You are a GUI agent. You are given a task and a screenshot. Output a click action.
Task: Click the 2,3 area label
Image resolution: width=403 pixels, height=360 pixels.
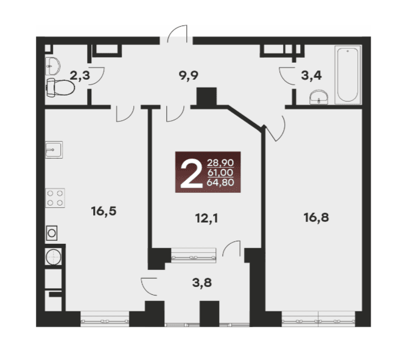[80, 76]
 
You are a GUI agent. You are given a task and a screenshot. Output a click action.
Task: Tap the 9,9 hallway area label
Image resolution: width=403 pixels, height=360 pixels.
[189, 76]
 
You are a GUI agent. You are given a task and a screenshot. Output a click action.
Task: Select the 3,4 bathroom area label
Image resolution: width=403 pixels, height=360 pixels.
[311, 76]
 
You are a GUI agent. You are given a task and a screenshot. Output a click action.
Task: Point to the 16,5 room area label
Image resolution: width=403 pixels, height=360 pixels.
[103, 212]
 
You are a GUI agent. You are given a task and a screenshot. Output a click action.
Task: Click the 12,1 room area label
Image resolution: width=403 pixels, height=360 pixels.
[206, 219]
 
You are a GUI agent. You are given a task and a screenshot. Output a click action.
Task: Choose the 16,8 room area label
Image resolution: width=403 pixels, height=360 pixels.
[316, 218]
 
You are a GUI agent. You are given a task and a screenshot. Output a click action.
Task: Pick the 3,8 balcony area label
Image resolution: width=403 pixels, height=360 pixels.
[202, 283]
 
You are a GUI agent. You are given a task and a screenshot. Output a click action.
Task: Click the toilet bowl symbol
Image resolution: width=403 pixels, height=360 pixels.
[60, 88]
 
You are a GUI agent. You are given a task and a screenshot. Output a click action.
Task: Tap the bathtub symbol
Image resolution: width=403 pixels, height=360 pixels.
[348, 75]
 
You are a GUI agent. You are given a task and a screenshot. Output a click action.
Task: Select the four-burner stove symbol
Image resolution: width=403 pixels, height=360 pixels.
[55, 198]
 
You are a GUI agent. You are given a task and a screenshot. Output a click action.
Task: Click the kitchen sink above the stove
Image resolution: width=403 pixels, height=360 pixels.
[54, 150]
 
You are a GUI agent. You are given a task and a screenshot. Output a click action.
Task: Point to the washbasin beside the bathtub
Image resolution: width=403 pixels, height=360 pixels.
[319, 97]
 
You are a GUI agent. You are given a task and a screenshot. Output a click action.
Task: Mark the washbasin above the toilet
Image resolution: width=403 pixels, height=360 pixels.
[52, 66]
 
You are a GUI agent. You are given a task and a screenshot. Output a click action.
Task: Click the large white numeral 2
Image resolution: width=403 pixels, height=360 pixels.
[191, 173]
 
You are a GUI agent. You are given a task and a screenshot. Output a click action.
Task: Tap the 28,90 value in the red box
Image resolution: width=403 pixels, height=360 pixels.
[220, 163]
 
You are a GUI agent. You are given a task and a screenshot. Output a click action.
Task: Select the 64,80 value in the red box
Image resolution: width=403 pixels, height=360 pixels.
[220, 182]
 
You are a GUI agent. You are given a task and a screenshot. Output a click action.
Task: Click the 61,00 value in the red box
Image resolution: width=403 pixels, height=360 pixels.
[220, 173]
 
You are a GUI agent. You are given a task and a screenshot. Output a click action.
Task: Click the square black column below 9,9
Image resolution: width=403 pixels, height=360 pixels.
[206, 97]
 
